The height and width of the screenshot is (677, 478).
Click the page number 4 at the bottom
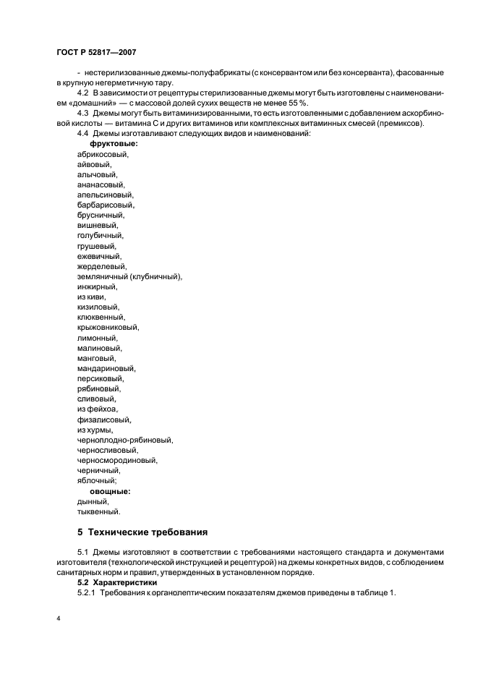(57, 619)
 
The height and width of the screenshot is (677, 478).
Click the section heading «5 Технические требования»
(142, 533)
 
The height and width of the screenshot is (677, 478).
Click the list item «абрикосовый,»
(102, 155)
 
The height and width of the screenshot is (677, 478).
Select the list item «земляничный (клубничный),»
(129, 276)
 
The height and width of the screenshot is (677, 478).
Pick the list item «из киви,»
(92, 297)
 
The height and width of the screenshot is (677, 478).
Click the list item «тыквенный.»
(98, 511)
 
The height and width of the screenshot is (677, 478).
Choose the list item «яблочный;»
(97, 480)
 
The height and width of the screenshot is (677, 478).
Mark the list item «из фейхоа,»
(97, 409)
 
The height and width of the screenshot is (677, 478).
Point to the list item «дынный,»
(93, 501)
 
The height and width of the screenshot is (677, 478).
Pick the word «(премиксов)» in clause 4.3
(403, 123)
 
